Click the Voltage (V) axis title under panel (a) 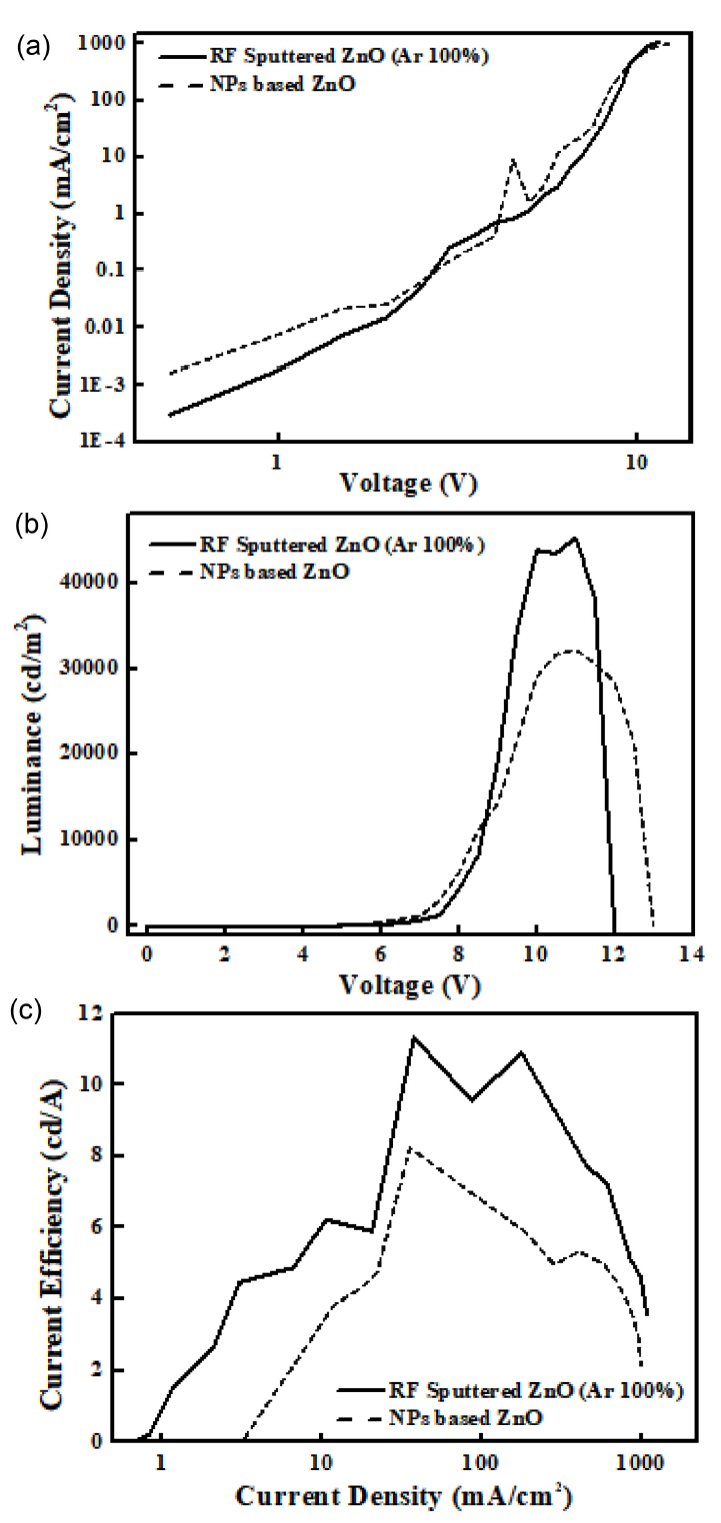point(407,485)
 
